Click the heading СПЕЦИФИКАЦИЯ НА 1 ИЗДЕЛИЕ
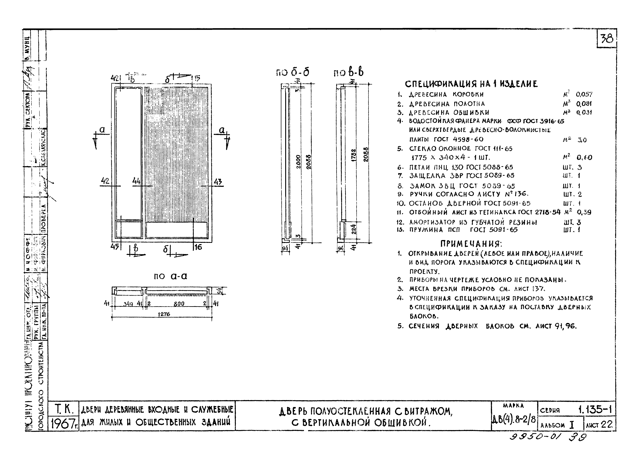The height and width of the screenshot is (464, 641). pyautogui.click(x=471, y=84)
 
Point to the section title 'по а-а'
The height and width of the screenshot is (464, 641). pyautogui.click(x=170, y=276)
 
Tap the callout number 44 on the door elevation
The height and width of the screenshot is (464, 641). pyautogui.click(x=136, y=181)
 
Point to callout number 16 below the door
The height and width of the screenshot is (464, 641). pyautogui.click(x=198, y=247)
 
